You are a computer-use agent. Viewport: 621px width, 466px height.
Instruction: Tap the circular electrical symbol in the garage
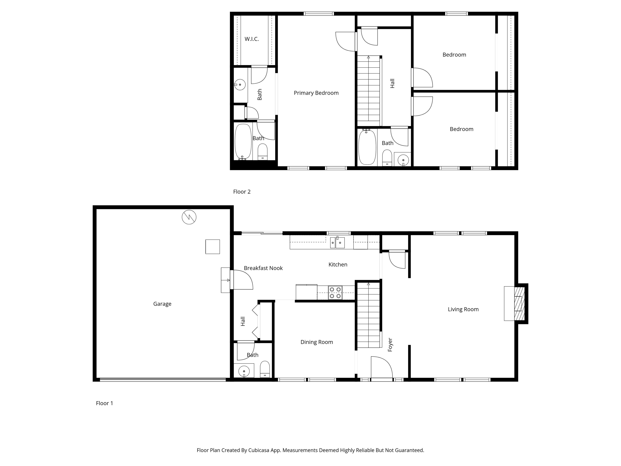click(189, 217)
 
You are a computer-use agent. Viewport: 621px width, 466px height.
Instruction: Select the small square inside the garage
click(212, 247)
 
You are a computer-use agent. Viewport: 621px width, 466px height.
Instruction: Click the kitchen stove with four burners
click(335, 292)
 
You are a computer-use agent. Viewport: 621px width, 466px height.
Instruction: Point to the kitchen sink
click(337, 243)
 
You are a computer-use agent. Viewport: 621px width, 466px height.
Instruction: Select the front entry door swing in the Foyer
click(381, 368)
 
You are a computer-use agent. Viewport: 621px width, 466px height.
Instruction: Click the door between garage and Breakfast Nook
click(241, 280)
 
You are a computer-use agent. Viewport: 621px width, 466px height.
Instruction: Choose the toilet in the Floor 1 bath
click(265, 369)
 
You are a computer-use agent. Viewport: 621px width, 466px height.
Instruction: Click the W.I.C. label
click(251, 39)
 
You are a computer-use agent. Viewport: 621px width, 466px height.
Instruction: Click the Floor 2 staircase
click(368, 91)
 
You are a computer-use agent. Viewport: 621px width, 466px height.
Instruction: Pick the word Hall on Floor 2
click(393, 83)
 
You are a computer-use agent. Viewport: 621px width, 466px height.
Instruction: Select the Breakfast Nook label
click(263, 268)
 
